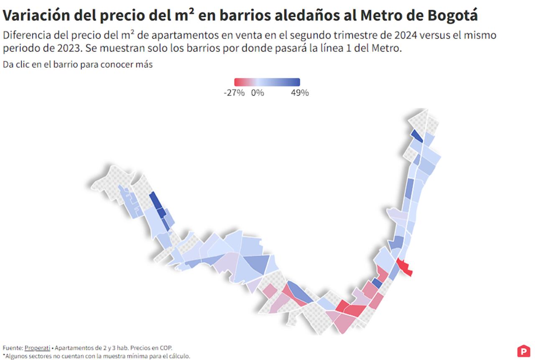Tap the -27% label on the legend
tap(234, 93)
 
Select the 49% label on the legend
tap(300, 93)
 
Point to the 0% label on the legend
tap(257, 93)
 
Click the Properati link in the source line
tap(37, 348)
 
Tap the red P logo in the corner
tap(523, 351)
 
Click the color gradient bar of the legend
tap(267, 82)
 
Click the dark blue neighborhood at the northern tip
tap(417, 135)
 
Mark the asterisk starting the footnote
tap(4, 355)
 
